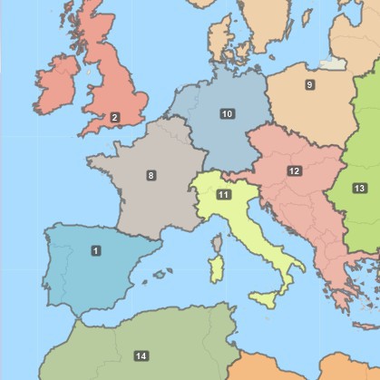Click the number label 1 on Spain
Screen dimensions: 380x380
pos(95,249)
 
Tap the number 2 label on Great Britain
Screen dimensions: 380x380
pos(114,117)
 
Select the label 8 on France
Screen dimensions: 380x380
pos(151,175)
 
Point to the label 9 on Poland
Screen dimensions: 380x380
pos(309,84)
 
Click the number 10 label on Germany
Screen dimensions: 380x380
pos(227,113)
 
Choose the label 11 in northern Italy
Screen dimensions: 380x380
pos(223,195)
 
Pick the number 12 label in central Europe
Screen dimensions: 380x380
pos(294,171)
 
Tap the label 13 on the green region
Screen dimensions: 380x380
pos(359,188)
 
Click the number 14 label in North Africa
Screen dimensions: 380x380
pos(141,356)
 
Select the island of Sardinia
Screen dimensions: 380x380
pos(216,270)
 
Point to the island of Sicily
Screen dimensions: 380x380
pos(266,297)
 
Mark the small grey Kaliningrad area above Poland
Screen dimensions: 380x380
pos(332,63)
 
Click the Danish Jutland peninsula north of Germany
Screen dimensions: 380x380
pos(219,36)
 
